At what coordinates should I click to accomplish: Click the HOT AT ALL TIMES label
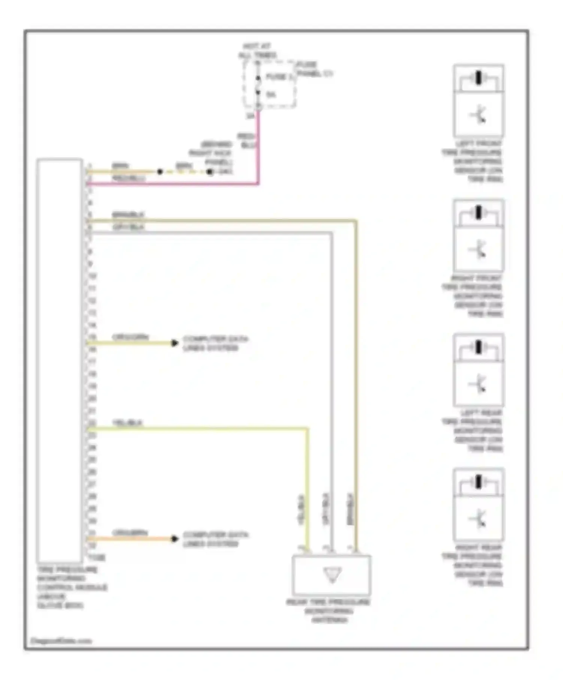click(257, 51)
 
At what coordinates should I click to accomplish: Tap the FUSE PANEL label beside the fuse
click(314, 69)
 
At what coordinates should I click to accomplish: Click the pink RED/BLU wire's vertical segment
click(258, 150)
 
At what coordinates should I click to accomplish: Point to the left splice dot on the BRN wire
click(160, 172)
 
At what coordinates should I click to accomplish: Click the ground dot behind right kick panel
click(210, 172)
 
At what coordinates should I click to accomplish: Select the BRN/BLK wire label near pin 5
click(128, 215)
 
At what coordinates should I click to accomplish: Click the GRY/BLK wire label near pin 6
click(128, 227)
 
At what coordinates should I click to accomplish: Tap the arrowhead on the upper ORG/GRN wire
click(175, 343)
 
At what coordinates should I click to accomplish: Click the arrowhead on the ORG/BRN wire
click(175, 539)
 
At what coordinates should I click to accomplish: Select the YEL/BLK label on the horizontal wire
click(128, 422)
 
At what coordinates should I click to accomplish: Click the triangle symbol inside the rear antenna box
click(332, 574)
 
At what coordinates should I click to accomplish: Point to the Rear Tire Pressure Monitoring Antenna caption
click(328, 611)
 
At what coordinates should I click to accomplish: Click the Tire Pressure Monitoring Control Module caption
click(71, 587)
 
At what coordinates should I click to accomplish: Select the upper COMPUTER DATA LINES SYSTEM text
click(215, 343)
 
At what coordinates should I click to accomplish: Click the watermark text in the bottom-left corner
click(61, 641)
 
